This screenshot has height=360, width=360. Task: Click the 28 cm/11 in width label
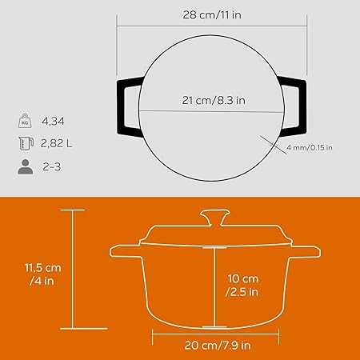[x=212, y=14]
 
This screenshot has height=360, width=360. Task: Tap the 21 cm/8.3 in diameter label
[x=214, y=100]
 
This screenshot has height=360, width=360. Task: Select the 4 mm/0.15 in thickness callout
[x=310, y=147]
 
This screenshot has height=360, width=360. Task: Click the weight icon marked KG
[x=25, y=121]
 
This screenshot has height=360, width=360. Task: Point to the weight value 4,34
[x=53, y=122]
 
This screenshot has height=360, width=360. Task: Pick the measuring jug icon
[x=26, y=143]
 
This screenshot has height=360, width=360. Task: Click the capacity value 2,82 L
[x=56, y=143]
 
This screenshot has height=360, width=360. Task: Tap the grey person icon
[x=26, y=166]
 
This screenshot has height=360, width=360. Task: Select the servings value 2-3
[x=52, y=167]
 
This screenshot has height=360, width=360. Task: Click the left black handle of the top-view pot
[x=121, y=106]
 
